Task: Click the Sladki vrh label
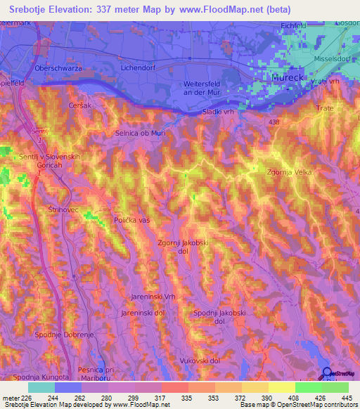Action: point(217,112)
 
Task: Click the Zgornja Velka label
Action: point(288,171)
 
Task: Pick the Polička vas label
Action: point(133,220)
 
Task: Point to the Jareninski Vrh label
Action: point(153,297)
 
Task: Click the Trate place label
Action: point(324,108)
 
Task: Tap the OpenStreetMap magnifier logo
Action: point(324,373)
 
